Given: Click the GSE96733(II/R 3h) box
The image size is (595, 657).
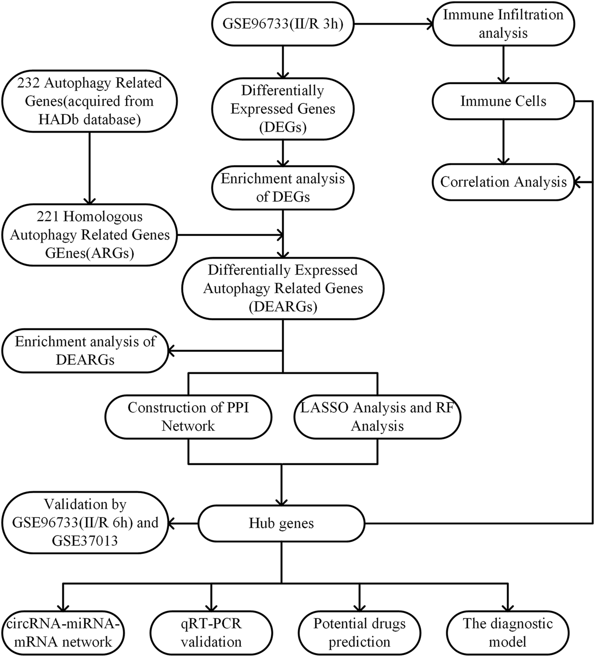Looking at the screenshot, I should [282, 24].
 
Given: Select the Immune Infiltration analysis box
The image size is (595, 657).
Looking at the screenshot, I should [503, 24].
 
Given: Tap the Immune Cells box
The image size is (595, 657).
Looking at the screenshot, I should [503, 101].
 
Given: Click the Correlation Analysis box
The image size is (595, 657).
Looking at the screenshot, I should [503, 182].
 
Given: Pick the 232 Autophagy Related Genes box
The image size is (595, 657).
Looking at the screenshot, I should [90, 101].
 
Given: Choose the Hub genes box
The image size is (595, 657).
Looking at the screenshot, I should [281, 523].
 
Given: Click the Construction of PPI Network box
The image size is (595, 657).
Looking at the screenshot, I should [188, 417].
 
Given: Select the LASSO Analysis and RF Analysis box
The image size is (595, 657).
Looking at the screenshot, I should [377, 417].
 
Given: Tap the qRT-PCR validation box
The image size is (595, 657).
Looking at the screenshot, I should [211, 633].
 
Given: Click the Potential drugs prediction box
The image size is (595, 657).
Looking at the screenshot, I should [359, 633].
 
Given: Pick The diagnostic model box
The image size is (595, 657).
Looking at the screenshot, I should [507, 633].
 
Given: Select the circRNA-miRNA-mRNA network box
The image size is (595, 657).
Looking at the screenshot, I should [63, 633].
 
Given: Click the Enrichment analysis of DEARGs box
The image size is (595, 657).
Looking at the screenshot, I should [85, 351].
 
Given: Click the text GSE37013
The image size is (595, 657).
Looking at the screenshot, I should [85, 541].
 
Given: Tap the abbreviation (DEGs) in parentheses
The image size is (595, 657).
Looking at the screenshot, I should [282, 127].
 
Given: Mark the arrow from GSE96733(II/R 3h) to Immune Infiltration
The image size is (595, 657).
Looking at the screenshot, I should [394, 23].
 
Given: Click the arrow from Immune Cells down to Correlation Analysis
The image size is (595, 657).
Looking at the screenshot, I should [503, 141].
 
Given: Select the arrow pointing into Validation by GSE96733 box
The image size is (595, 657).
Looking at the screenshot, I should [183, 523].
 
